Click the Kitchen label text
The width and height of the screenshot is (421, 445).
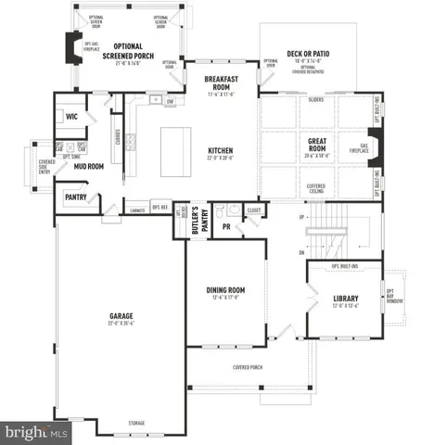pyautogui.click(x=220, y=150)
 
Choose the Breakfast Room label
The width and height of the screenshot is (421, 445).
pyautogui.click(x=223, y=83)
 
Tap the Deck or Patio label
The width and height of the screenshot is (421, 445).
pyautogui.click(x=305, y=55)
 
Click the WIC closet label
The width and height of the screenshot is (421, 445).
pyautogui.click(x=71, y=117)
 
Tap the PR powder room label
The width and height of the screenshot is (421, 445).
pyautogui.click(x=225, y=225)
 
